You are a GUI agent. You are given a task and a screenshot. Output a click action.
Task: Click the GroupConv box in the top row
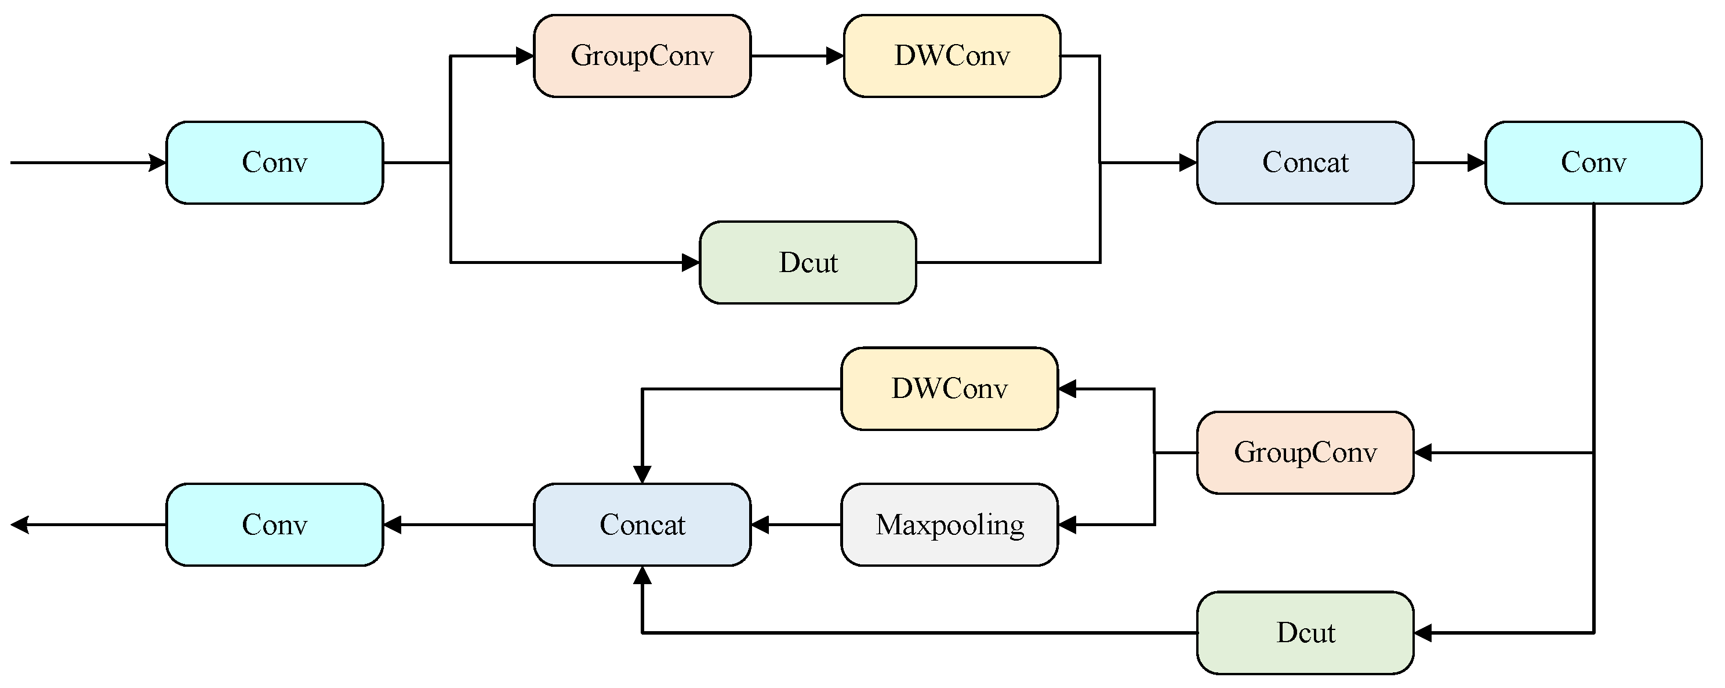tap(641, 56)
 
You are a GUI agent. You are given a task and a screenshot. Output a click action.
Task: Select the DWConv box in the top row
tap(952, 56)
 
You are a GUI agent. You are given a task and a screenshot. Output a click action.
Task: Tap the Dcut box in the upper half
tap(808, 263)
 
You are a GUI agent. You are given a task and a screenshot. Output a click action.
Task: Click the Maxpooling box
tap(949, 524)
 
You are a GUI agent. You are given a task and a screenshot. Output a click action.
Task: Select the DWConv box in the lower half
tap(949, 389)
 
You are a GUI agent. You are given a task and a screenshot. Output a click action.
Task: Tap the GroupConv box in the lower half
tap(1305, 453)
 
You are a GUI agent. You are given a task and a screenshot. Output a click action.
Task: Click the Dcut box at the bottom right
tap(1305, 632)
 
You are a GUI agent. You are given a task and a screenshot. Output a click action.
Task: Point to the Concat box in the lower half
tap(641, 524)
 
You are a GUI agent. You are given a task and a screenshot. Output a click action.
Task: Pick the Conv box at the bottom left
tap(275, 524)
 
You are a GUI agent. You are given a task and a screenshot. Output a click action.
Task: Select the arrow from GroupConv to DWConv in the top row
tap(797, 56)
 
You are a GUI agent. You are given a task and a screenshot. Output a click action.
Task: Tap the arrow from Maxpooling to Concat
tap(796, 524)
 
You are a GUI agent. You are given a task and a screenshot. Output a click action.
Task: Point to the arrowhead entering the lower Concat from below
tap(642, 575)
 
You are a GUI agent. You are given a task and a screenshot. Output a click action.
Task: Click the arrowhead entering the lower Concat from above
tap(642, 475)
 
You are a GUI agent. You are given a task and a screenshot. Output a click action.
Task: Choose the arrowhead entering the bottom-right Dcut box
tap(1422, 632)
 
